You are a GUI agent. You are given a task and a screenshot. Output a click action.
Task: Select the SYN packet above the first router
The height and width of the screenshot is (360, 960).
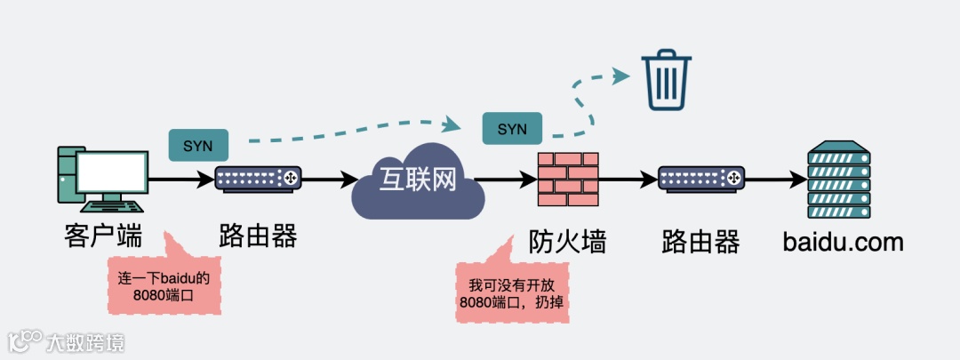pyautogui.click(x=197, y=145)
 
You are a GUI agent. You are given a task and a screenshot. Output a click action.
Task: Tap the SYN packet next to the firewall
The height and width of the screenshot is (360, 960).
pyautogui.click(x=512, y=128)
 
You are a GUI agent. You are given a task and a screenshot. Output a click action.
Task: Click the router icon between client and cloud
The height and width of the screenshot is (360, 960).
pyautogui.click(x=259, y=179)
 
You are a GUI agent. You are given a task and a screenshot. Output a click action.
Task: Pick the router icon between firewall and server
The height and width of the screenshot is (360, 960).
pyautogui.click(x=700, y=179)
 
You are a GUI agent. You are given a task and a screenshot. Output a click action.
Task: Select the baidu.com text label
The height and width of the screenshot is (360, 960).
pyautogui.click(x=843, y=241)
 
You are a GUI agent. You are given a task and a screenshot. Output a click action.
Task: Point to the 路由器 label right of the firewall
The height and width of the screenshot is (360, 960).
pyautogui.click(x=700, y=241)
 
